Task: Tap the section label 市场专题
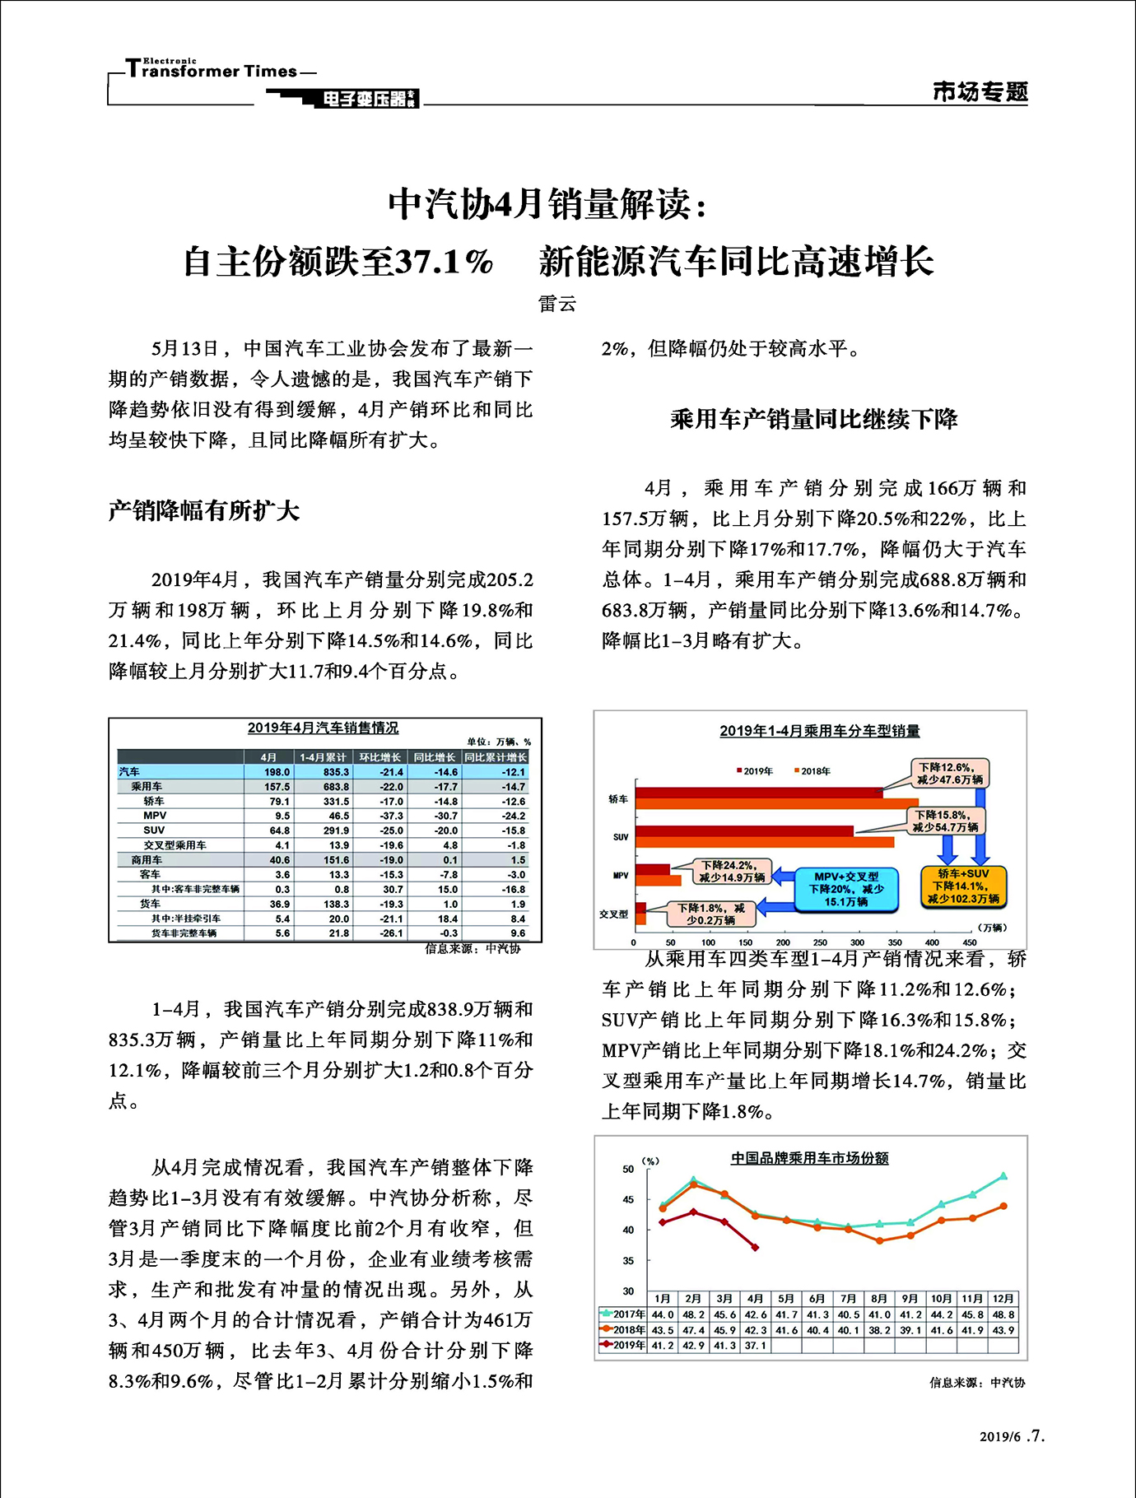click(980, 91)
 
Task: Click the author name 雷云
click(557, 304)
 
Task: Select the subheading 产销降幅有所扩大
click(203, 511)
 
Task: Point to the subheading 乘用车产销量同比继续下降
click(813, 419)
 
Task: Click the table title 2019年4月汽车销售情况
click(323, 728)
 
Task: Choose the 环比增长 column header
click(379, 757)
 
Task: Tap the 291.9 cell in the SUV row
click(338, 830)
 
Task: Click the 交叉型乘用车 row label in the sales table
click(175, 845)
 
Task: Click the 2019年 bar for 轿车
click(757, 793)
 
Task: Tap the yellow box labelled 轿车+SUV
click(963, 886)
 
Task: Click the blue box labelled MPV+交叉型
click(845, 889)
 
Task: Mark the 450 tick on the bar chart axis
click(970, 942)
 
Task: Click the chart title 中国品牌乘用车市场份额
click(810, 1158)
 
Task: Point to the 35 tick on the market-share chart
click(628, 1261)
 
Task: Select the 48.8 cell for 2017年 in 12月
click(1003, 1315)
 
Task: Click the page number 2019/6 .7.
click(1012, 1437)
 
